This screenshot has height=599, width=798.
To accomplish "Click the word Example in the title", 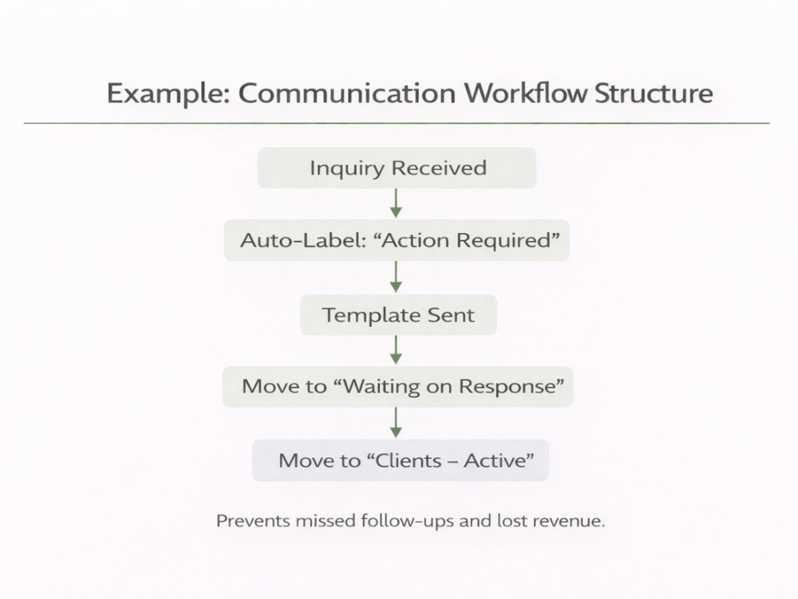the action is pyautogui.click(x=168, y=94).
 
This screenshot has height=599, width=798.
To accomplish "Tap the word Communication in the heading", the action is pyautogui.click(x=346, y=93).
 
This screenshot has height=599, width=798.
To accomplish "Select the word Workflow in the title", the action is pyautogui.click(x=525, y=93).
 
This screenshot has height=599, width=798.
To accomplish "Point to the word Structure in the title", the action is pyautogui.click(x=654, y=93).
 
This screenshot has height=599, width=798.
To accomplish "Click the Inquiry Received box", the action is pyautogui.click(x=397, y=168).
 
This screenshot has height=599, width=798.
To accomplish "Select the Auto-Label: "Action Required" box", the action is pyautogui.click(x=397, y=240).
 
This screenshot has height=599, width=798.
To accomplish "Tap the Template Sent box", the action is pyautogui.click(x=398, y=315).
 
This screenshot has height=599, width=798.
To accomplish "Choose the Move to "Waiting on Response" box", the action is pyautogui.click(x=397, y=387).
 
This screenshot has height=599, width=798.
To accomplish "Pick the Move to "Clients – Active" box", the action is pyautogui.click(x=401, y=461).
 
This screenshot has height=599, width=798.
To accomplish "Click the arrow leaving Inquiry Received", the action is pyautogui.click(x=396, y=203).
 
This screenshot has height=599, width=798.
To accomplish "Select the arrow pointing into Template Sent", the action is pyautogui.click(x=396, y=277).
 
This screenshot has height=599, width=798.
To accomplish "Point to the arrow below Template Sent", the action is pyautogui.click(x=396, y=350).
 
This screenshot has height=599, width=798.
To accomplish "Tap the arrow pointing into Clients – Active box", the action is pyautogui.click(x=396, y=422).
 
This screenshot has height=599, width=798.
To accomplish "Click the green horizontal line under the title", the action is pyautogui.click(x=397, y=123).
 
